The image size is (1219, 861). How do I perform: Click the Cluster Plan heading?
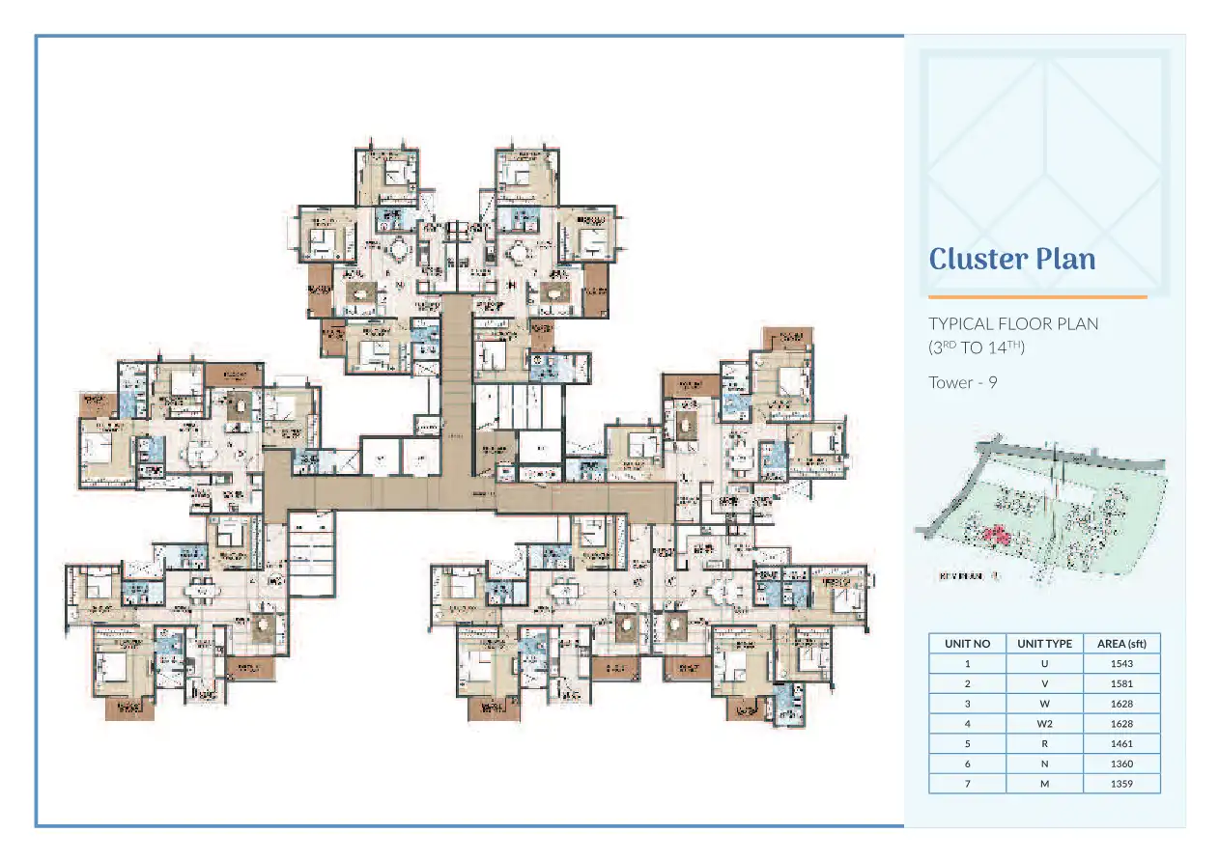(x=1011, y=259)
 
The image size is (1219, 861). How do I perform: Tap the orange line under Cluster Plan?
(x=1037, y=297)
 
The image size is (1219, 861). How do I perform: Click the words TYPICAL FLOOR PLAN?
(x=1013, y=323)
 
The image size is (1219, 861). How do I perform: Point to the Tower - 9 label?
(x=962, y=382)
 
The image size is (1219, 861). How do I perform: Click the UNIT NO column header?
(x=967, y=644)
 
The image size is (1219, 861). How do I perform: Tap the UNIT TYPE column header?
(x=1044, y=644)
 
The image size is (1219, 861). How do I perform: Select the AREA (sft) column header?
(x=1121, y=644)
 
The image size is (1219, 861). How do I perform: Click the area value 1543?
(x=1121, y=663)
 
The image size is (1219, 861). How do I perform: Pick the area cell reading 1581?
(x=1121, y=683)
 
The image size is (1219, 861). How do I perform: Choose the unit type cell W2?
(x=1044, y=723)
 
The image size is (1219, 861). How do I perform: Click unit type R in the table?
(x=1044, y=743)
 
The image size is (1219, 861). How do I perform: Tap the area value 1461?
(x=1121, y=743)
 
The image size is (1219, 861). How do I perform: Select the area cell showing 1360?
(x=1121, y=764)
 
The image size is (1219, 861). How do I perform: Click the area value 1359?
(x=1121, y=784)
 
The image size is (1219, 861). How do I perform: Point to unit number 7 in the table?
(x=967, y=784)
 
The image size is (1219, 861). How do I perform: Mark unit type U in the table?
(x=1044, y=663)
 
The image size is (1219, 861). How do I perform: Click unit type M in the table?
(x=1044, y=784)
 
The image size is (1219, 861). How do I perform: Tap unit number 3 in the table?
(x=967, y=704)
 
